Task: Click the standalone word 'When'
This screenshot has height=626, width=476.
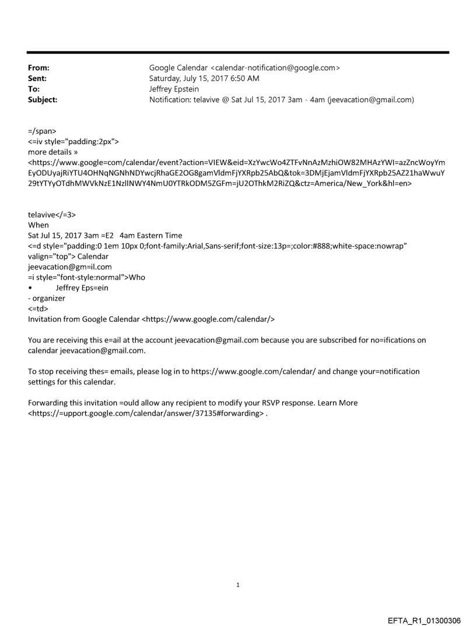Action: point(38,225)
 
